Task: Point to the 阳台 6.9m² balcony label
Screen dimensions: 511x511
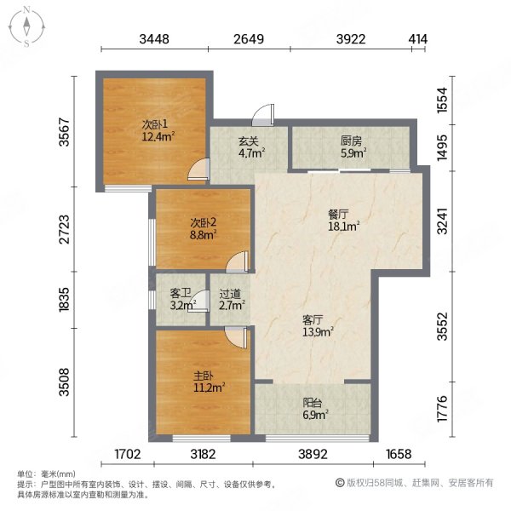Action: (x=316, y=408)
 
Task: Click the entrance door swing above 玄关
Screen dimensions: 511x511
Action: (x=266, y=114)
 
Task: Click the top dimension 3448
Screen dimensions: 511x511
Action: (x=155, y=38)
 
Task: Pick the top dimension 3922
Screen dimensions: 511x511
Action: (x=350, y=38)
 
